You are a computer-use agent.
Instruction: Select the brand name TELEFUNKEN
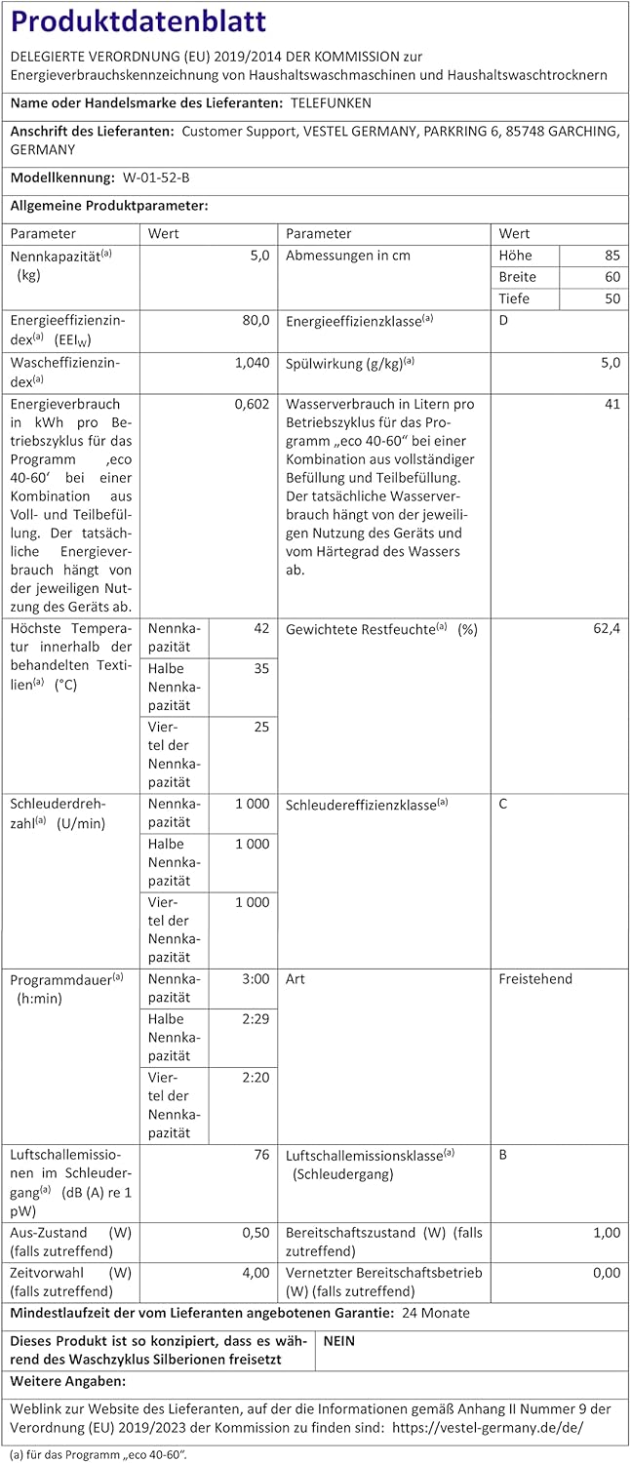click(331, 102)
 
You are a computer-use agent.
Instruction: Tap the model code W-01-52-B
click(157, 178)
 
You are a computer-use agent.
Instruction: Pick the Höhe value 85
click(611, 256)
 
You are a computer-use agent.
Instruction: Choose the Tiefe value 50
click(611, 298)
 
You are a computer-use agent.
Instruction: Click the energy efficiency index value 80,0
click(256, 320)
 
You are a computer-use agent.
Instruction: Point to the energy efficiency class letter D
click(503, 320)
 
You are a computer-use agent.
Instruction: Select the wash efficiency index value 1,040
click(252, 362)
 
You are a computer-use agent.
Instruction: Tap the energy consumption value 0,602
click(252, 404)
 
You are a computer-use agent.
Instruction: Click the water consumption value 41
click(611, 404)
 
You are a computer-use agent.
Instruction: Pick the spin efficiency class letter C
click(503, 804)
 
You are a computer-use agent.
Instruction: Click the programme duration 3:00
click(255, 979)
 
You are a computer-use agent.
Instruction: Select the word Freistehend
click(535, 979)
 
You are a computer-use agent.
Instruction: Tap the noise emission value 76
click(260, 1155)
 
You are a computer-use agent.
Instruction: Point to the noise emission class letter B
click(503, 1155)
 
